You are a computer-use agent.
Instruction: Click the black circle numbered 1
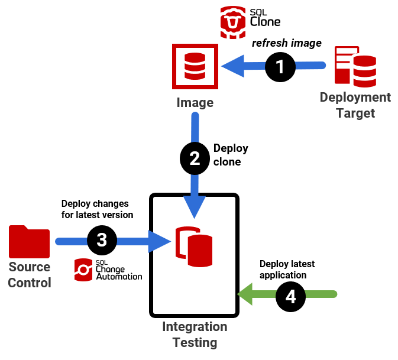280,66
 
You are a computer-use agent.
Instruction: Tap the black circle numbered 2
195,158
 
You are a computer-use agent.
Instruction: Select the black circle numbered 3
102,240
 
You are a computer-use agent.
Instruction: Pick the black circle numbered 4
291,295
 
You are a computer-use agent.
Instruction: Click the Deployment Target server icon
355,66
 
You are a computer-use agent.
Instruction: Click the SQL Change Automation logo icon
83,270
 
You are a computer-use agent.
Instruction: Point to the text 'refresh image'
287,43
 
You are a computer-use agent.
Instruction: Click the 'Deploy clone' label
230,155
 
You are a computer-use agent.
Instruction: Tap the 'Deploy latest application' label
287,270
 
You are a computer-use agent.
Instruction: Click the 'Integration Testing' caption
195,335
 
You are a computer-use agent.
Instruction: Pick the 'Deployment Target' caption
355,105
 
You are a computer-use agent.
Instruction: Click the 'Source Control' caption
30,275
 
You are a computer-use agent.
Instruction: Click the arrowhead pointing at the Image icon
232,65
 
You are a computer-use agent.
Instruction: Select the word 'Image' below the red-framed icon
195,103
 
